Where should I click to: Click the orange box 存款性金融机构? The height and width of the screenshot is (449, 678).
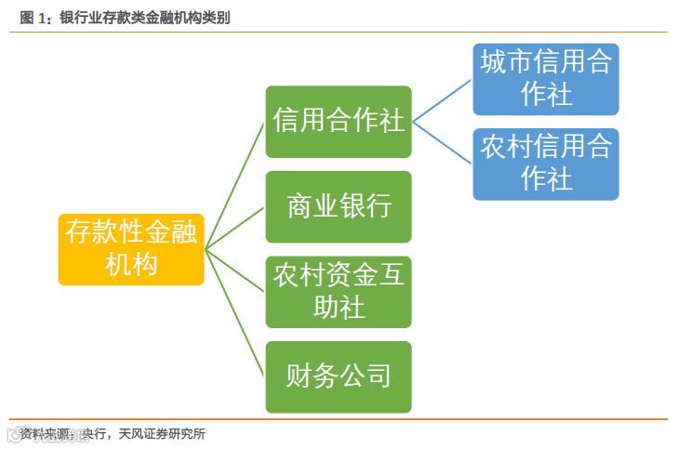(131, 247)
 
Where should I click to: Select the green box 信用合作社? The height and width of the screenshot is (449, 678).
(339, 122)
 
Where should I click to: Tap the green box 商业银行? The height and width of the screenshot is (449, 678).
(339, 206)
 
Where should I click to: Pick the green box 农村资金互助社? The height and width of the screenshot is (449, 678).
(339, 292)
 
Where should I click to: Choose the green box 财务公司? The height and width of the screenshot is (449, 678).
(339, 376)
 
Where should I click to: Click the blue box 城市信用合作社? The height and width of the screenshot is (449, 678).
(546, 79)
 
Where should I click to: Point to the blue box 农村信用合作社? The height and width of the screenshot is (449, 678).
(546, 164)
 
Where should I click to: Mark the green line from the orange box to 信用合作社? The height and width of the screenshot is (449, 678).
(235, 185)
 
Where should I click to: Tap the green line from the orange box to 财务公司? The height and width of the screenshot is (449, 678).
(235, 311)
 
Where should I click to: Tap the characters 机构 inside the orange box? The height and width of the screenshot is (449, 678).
(131, 263)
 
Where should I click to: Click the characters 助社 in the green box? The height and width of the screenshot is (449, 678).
(339, 308)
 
